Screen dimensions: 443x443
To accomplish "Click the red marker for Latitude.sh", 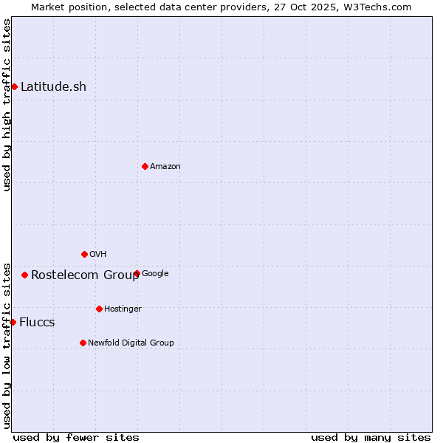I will click(x=14, y=87).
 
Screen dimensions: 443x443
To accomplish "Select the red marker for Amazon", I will click(x=145, y=166).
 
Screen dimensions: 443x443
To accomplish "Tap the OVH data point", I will click(x=84, y=254).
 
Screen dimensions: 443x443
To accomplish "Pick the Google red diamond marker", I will click(x=137, y=273).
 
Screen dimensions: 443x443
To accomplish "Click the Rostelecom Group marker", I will click(x=24, y=275).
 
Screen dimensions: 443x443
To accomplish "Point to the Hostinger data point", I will click(x=99, y=309).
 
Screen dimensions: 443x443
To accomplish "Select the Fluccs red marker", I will click(x=13, y=322).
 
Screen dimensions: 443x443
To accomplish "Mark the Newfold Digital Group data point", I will click(x=83, y=343).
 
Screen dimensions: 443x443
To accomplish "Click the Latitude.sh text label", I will click(x=53, y=87).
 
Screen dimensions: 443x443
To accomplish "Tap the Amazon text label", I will click(x=165, y=167).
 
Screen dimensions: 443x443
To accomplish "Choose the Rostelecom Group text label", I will click(x=85, y=275).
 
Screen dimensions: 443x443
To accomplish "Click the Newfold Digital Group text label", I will click(x=131, y=343).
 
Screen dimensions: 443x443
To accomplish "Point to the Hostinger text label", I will click(x=123, y=309).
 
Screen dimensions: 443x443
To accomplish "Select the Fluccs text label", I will click(x=37, y=323).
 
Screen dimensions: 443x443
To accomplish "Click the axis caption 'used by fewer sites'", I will click(x=76, y=437).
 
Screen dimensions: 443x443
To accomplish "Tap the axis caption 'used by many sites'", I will click(x=371, y=437).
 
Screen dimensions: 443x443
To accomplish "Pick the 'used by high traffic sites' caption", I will click(x=7, y=105).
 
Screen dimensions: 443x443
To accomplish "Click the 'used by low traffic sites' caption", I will click(x=7, y=346).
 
